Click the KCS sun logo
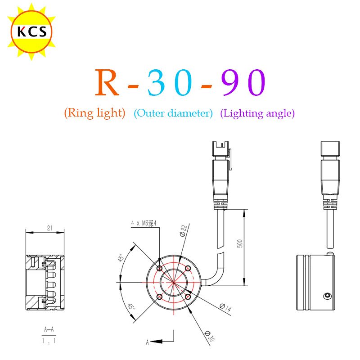click(x=31, y=31)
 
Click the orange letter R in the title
click(x=107, y=82)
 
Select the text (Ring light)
click(x=94, y=113)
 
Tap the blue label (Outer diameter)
click(x=173, y=113)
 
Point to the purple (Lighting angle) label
click(x=257, y=113)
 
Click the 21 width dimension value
click(x=50, y=228)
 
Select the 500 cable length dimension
click(x=239, y=243)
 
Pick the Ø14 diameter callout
click(x=225, y=307)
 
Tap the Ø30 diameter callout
click(x=210, y=336)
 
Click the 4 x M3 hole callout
click(x=144, y=223)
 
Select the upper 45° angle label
click(x=121, y=257)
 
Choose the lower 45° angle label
click(x=131, y=306)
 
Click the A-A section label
click(x=49, y=329)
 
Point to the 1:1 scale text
click(x=49, y=341)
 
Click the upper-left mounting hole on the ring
click(x=159, y=268)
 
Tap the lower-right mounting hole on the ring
click(x=188, y=297)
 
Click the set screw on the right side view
click(x=327, y=296)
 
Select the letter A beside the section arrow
click(x=148, y=342)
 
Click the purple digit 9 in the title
click(x=231, y=82)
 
